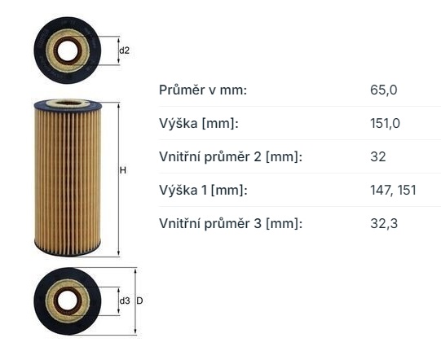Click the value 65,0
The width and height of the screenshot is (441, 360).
tap(383, 90)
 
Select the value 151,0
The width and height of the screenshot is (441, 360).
tap(386, 123)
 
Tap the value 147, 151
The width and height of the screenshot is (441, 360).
tap(393, 190)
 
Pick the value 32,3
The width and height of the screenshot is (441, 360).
tap(383, 223)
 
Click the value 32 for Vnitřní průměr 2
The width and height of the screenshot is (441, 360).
tap(378, 156)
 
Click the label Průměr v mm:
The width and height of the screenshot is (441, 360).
tap(202, 90)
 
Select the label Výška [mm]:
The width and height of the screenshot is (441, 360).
tap(198, 123)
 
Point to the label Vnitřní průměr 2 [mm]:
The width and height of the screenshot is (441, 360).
tap(230, 156)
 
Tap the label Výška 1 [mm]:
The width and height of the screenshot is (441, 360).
tap(203, 190)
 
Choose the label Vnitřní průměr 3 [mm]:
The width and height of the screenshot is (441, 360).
tap(230, 223)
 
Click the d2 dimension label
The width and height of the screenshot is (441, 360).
tap(125, 50)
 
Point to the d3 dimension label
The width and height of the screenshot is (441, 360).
tap(125, 301)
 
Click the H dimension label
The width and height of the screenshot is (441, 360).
tap(123, 170)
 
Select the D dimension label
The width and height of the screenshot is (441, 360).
tap(140, 301)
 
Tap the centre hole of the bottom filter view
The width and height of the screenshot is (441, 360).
tap(68, 301)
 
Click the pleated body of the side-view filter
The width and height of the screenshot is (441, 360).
tap(68, 175)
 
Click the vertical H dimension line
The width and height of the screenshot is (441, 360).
tap(117, 204)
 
